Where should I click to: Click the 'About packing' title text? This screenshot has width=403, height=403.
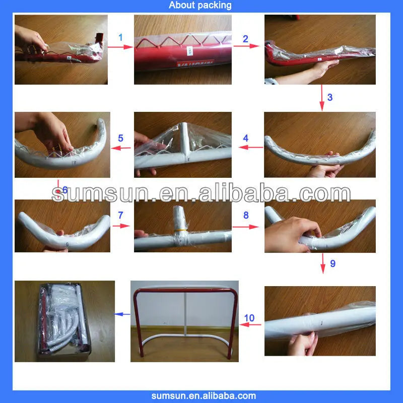tap(200, 6)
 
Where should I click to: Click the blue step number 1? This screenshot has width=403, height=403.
tap(120, 37)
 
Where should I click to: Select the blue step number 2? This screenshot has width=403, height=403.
tap(245, 39)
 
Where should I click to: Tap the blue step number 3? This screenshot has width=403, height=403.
tap(329, 97)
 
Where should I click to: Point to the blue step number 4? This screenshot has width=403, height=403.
tap(245, 138)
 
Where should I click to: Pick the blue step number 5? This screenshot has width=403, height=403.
tap(120, 138)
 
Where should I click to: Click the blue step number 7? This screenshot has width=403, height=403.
tap(120, 215)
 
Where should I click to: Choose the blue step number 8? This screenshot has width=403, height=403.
tap(245, 215)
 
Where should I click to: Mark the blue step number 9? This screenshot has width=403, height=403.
tap(332, 263)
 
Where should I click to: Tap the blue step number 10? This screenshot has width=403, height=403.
tap(249, 318)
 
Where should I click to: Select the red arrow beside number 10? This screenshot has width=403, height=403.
tap(250, 325)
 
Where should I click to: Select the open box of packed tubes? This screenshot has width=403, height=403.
tap(64, 321)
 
